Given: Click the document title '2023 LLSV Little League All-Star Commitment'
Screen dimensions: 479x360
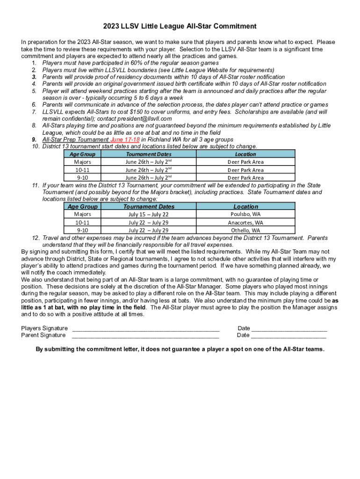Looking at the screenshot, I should tap(180, 26).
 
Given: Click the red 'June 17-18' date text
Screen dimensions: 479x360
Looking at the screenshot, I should tap(124, 139).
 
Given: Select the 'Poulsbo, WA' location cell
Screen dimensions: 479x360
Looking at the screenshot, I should tap(245, 214).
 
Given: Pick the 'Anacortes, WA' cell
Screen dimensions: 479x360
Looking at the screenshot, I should tap(245, 223).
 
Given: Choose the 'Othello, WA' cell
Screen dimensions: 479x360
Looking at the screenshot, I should tap(245, 231).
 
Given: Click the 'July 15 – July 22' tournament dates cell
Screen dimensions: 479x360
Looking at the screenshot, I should tap(148, 215).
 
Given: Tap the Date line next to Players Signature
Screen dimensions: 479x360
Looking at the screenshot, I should tap(289, 329).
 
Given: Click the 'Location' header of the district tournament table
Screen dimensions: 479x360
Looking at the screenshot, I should tap(245, 154).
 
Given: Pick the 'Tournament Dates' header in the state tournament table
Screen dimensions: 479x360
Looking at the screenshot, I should tap(149, 206).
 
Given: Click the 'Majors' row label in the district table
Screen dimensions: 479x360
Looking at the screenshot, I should tap(82, 162).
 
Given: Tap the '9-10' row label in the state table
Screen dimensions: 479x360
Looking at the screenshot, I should tap(82, 231).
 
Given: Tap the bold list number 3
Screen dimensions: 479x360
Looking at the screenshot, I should tap(34, 77).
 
